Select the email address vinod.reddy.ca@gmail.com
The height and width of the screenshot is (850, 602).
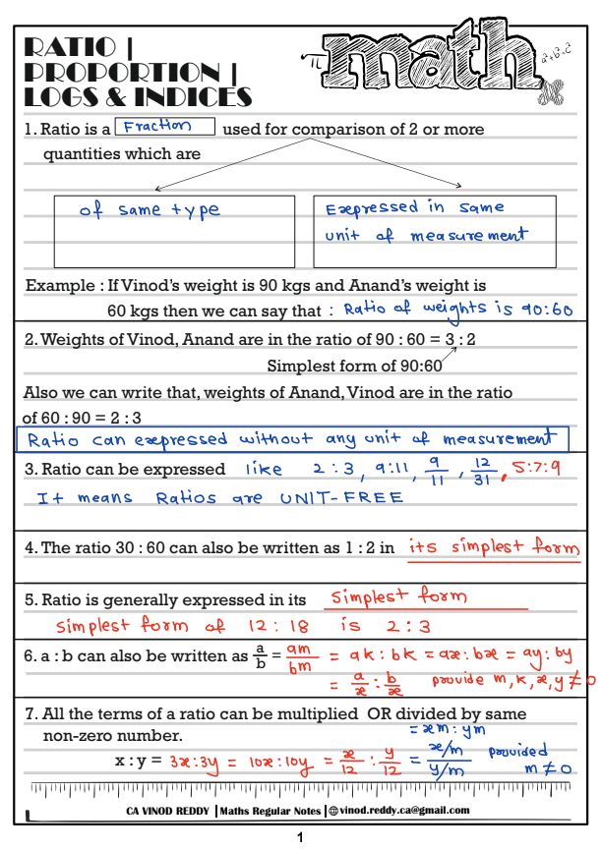tap(405, 811)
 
